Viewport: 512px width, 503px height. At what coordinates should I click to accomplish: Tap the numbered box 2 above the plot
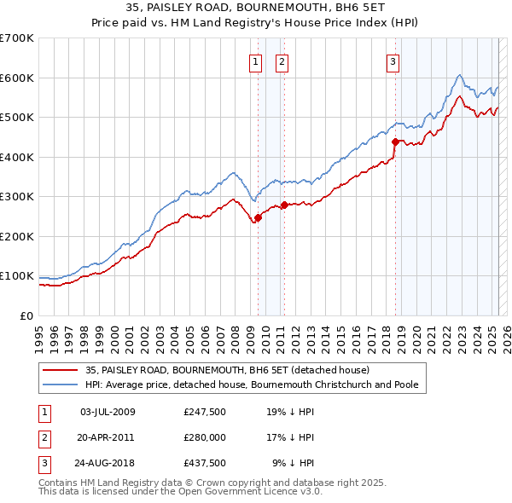pyautogui.click(x=282, y=61)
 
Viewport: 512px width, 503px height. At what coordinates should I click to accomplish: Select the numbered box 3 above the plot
pyautogui.click(x=393, y=61)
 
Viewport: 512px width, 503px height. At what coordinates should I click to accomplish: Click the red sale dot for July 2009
pyautogui.click(x=258, y=217)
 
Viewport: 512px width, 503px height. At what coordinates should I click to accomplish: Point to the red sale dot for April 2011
pyautogui.click(x=284, y=205)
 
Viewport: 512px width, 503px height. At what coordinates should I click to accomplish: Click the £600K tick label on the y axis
pyautogui.click(x=17, y=78)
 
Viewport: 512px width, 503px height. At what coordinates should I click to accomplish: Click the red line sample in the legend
pyautogui.click(x=59, y=371)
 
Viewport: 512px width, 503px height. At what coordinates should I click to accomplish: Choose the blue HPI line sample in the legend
pyautogui.click(x=59, y=384)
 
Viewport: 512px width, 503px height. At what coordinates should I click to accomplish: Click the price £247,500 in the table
pyautogui.click(x=204, y=412)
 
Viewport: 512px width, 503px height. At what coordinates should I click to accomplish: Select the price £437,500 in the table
pyautogui.click(x=204, y=463)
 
